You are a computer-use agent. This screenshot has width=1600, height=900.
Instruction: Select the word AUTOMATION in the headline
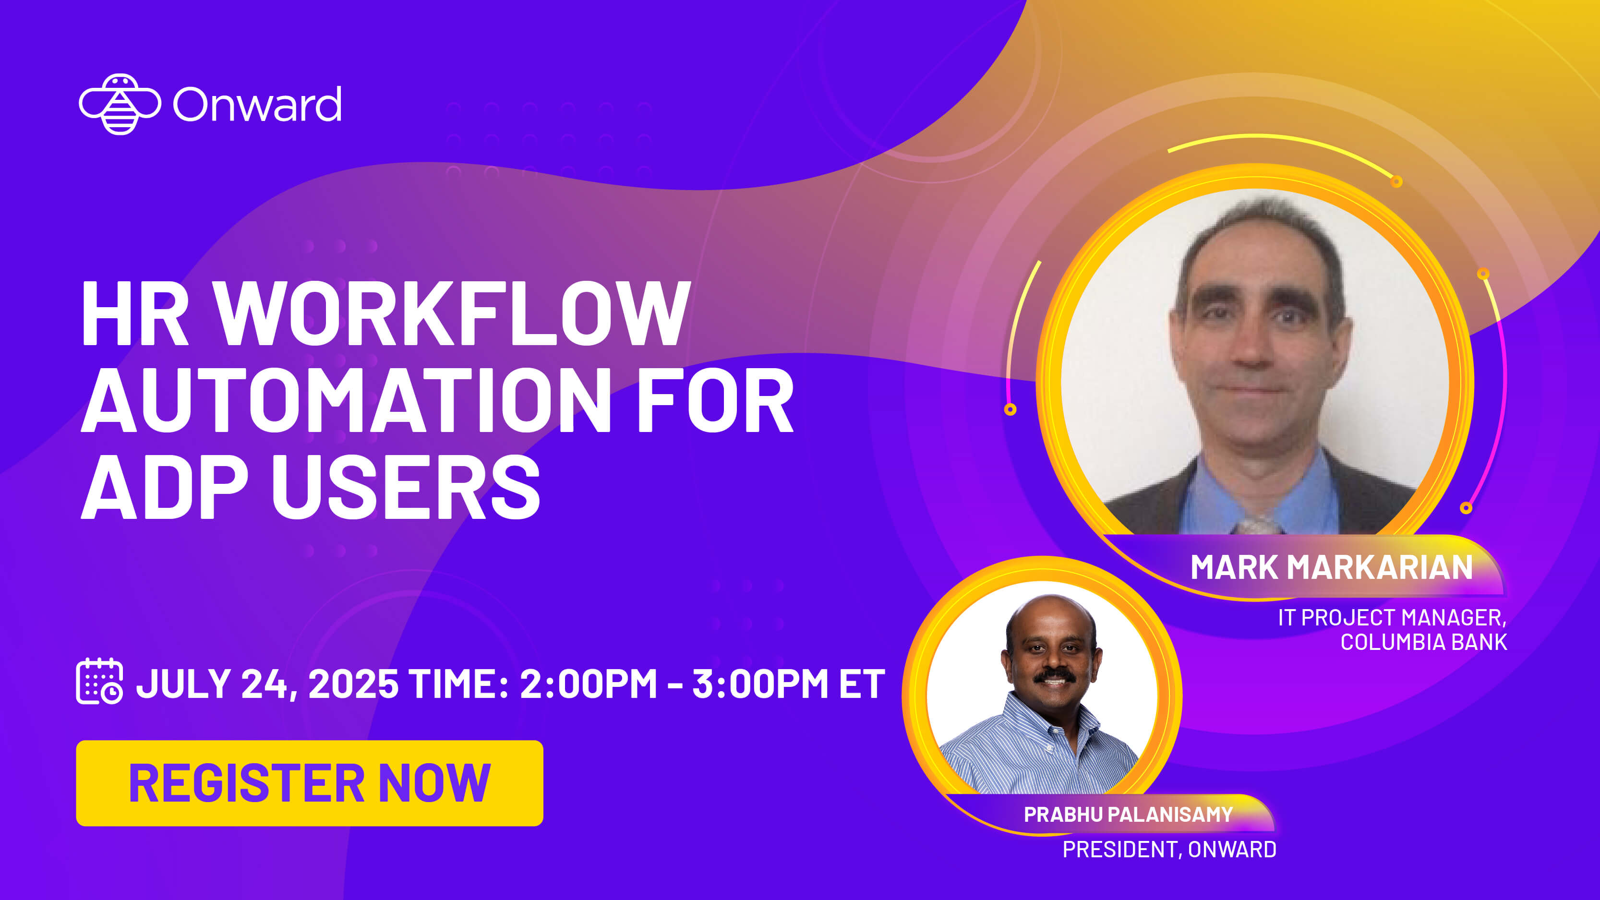coord(345,401)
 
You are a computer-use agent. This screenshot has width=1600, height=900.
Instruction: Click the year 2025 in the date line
coord(353,684)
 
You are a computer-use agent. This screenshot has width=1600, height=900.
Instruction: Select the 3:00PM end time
coord(759,684)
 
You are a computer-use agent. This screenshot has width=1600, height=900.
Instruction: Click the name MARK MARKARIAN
coord(1331,567)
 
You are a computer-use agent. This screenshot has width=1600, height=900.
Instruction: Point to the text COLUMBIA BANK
coord(1424,642)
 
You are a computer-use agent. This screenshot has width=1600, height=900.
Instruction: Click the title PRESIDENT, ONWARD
coord(1169,849)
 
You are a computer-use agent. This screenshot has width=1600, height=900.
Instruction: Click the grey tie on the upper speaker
coord(1256,526)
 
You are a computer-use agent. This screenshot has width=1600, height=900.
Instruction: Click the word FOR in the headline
coord(715,401)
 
